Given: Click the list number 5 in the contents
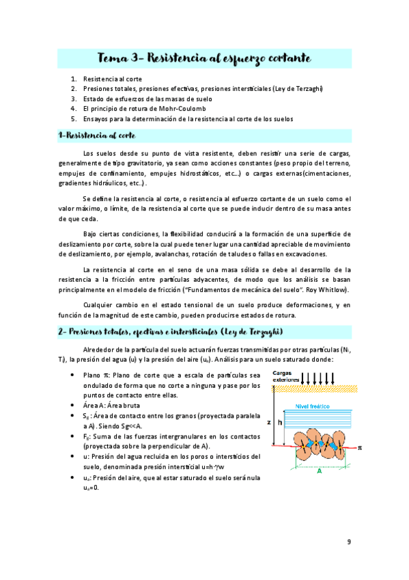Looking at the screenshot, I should click(73, 118).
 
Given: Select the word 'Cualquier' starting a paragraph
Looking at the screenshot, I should click(98, 304).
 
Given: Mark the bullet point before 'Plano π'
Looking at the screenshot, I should click(72, 375).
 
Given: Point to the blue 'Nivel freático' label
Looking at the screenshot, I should click(312, 406).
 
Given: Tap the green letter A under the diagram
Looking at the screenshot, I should click(318, 471).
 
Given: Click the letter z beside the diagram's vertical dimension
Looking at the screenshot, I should click(269, 423).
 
